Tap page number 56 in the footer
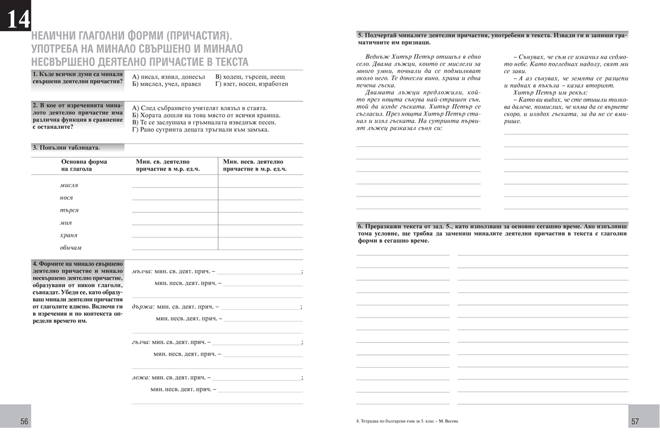click(24, 422)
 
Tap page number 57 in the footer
click(635, 422)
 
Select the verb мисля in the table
click(69, 185)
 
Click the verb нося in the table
click(66, 198)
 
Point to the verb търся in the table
click(69, 210)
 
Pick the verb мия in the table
click(65, 223)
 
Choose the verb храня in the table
click(69, 235)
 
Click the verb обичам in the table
click(70, 248)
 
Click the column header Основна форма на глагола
click(84, 165)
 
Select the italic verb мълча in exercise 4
click(142, 271)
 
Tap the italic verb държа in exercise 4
click(143, 307)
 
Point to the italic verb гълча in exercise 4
click(141, 342)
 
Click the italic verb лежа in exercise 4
click(141, 378)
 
